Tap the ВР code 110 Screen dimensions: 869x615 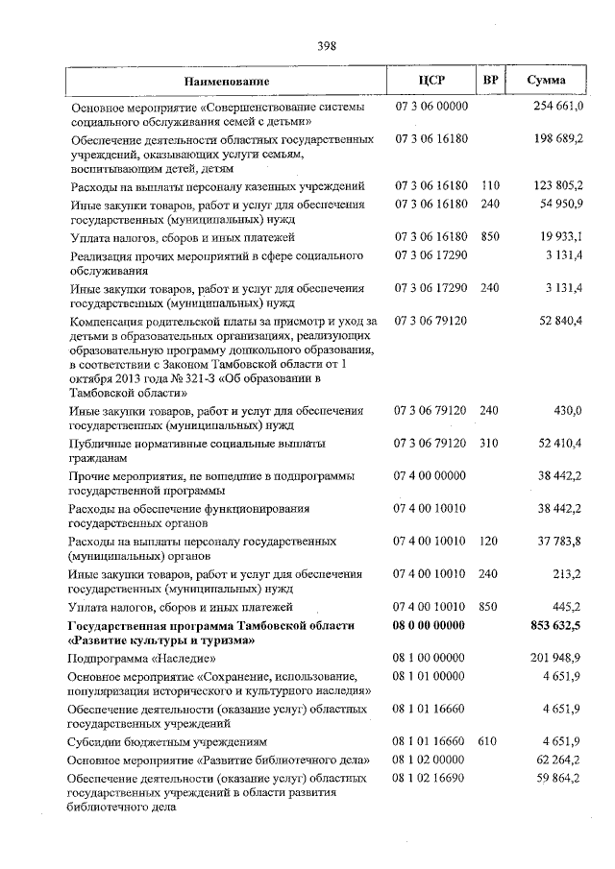click(x=491, y=183)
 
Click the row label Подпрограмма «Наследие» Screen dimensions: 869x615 click(x=141, y=659)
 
